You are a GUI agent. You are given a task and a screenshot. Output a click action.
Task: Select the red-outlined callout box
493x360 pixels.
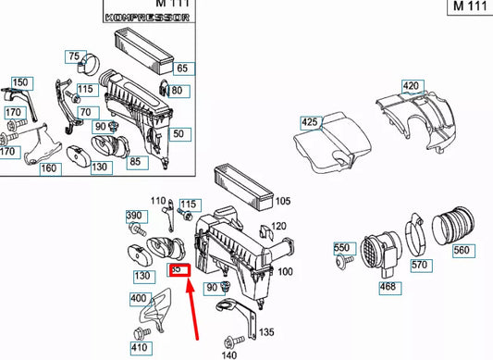(178, 269)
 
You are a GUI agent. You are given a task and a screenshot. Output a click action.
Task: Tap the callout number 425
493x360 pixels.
(310, 120)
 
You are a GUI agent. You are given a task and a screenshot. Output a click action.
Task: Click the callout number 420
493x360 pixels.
(411, 87)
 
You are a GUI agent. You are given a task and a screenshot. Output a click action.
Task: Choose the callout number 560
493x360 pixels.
(462, 251)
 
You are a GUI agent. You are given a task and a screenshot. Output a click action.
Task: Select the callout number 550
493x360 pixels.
(341, 248)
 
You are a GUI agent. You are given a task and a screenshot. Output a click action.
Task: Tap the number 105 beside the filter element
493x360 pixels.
(283, 201)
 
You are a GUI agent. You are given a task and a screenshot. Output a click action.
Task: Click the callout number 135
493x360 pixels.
(266, 331)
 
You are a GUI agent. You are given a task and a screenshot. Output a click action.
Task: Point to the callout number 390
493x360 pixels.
(134, 215)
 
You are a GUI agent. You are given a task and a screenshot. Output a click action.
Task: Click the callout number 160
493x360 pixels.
(48, 168)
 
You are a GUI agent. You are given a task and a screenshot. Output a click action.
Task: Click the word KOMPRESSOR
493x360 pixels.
(142, 18)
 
